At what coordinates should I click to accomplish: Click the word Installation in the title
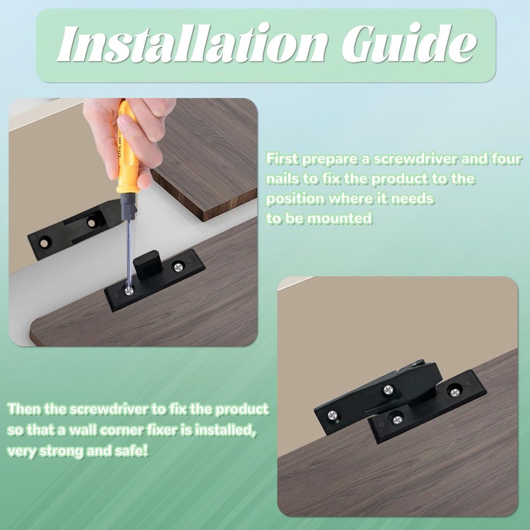pos(192,43)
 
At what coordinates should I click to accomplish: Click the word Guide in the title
pos(409,43)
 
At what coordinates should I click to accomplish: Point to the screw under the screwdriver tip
pos(129,290)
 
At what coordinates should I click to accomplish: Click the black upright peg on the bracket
pos(146,264)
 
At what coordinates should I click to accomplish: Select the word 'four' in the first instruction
pos(507,158)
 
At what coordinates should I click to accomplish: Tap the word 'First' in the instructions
pos(282,158)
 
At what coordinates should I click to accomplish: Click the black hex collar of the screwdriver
pos(128,207)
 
